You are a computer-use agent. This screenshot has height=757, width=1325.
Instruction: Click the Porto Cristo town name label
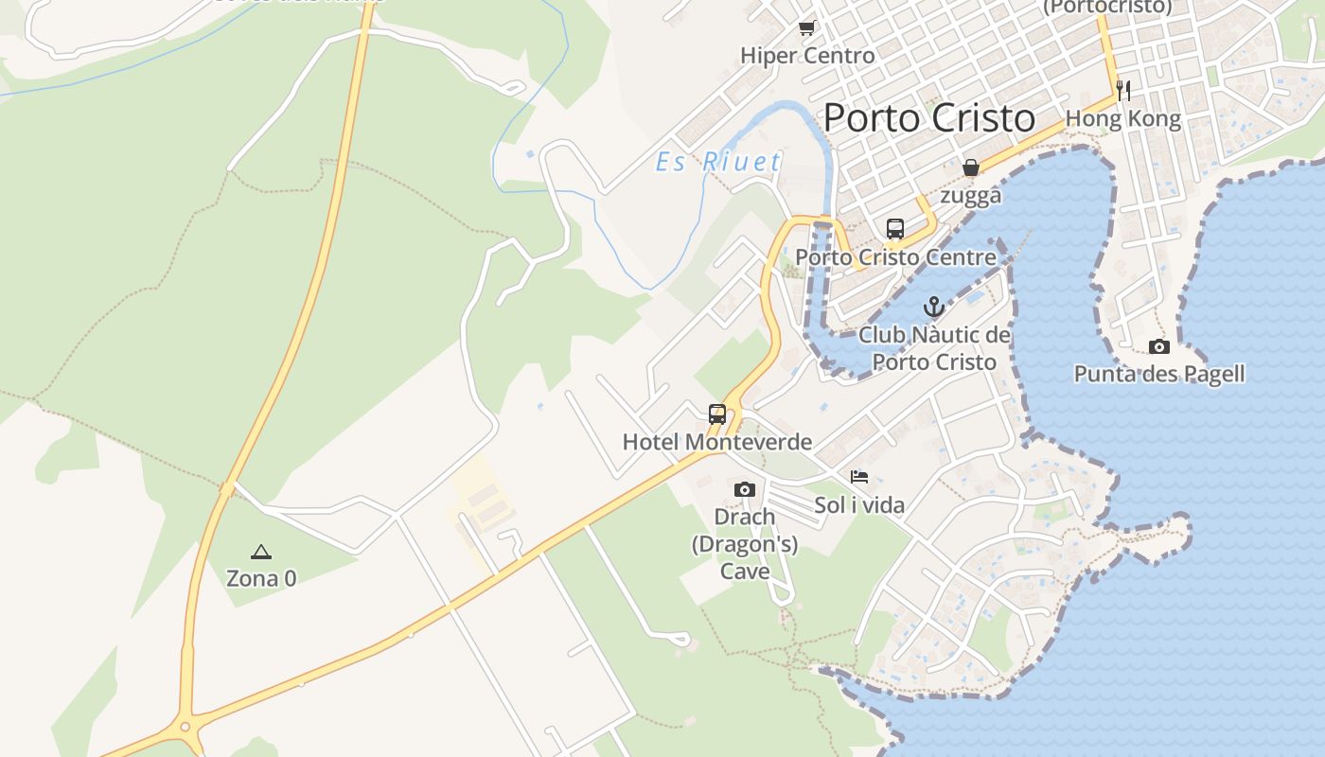(928, 118)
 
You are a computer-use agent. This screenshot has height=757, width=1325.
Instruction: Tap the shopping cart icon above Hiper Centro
(806, 27)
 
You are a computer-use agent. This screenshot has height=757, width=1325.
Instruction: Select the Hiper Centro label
(807, 56)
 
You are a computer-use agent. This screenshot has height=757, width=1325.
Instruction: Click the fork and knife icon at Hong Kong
(1123, 90)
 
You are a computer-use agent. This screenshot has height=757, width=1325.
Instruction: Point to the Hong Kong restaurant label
(1123, 119)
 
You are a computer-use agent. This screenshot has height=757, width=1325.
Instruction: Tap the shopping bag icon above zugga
(971, 167)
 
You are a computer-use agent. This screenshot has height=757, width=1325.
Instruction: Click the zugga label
(971, 196)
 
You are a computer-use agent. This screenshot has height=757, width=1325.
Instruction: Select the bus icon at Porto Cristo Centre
(895, 228)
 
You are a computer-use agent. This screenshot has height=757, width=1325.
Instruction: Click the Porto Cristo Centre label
(895, 257)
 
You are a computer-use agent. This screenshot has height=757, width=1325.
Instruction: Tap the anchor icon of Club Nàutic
(934, 307)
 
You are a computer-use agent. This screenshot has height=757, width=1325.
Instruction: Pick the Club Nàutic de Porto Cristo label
(934, 348)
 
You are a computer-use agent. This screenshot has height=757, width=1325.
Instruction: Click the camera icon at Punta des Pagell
(1159, 346)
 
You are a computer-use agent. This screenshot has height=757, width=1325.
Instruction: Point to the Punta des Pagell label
(1159, 374)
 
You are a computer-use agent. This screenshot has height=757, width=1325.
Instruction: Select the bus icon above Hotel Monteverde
(717, 414)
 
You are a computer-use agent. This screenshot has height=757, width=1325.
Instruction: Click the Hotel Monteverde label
(717, 442)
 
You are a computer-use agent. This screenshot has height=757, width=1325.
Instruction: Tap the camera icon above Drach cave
(745, 489)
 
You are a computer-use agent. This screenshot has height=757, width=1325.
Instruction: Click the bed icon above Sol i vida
(859, 477)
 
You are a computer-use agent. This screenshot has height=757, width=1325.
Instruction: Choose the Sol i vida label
(859, 505)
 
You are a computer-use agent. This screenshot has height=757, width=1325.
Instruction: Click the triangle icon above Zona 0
(261, 552)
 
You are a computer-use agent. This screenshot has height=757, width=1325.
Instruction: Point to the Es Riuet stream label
(719, 162)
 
